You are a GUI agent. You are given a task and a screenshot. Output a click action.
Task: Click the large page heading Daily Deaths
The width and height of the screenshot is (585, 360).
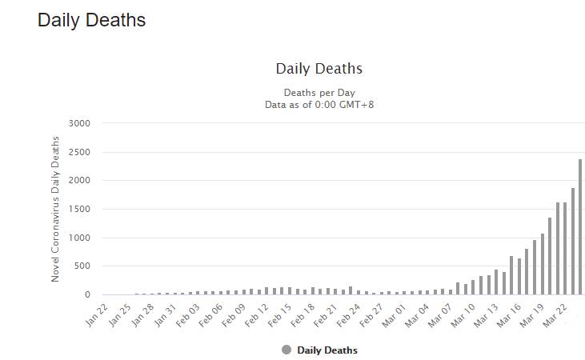click(91, 20)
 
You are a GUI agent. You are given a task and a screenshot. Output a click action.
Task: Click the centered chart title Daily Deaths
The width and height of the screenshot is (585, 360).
click(319, 69)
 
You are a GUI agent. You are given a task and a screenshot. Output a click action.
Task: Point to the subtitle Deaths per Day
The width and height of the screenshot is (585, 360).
click(319, 93)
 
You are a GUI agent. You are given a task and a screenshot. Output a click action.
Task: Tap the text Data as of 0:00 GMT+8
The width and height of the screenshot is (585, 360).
click(319, 104)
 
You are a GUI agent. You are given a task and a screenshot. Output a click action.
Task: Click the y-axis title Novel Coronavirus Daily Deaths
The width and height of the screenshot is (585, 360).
click(56, 208)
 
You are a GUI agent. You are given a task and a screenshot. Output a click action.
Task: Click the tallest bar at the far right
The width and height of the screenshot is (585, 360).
click(580, 227)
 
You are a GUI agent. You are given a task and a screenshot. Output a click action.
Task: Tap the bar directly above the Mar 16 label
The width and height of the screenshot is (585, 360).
click(527, 272)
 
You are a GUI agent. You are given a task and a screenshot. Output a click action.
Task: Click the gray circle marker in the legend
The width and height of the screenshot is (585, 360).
click(286, 350)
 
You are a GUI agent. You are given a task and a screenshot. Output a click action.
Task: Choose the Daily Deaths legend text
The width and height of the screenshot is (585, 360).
click(327, 350)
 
